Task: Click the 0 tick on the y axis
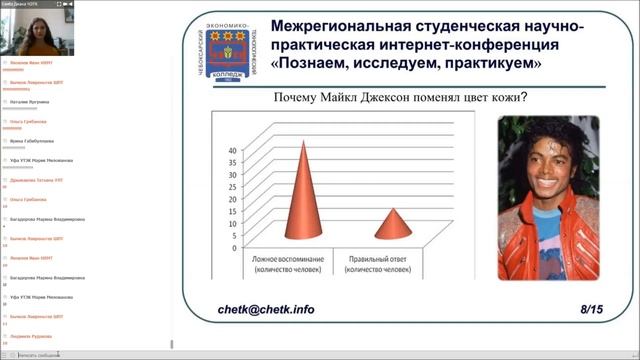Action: point(235,247)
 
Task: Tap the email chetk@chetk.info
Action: point(266,309)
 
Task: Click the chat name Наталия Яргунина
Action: point(27,102)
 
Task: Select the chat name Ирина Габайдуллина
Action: point(31,141)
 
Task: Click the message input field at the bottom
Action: point(60,354)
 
